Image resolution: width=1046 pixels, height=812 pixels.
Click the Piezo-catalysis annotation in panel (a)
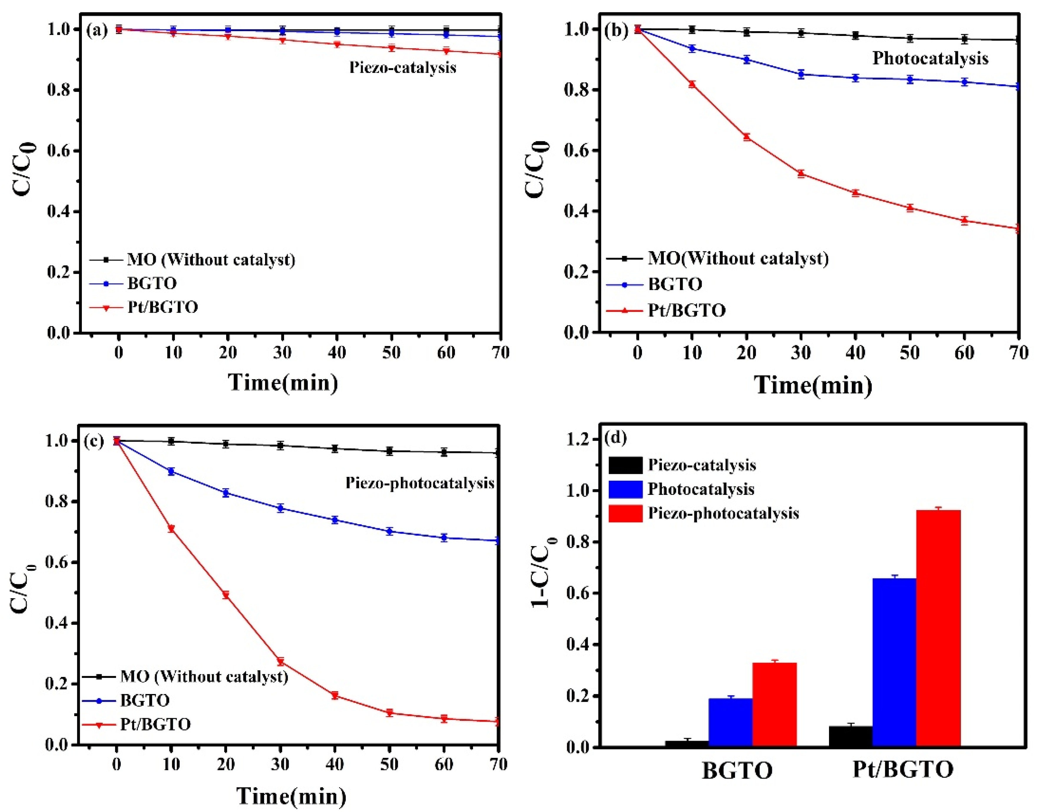[x=402, y=67]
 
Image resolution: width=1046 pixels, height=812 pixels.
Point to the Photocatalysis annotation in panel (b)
[x=930, y=58]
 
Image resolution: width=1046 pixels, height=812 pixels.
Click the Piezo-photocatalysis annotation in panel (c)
[x=420, y=483]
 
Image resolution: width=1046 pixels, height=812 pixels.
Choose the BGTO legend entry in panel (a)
[x=152, y=283]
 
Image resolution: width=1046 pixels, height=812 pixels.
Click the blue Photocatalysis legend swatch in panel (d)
[x=625, y=489]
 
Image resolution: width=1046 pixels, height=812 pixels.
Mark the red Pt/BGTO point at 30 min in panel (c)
[x=280, y=662]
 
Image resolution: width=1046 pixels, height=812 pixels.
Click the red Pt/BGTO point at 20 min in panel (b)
[x=746, y=137]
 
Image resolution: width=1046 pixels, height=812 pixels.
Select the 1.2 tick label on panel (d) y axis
[x=579, y=439]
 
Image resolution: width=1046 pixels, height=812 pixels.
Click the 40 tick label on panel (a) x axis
[x=337, y=353]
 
